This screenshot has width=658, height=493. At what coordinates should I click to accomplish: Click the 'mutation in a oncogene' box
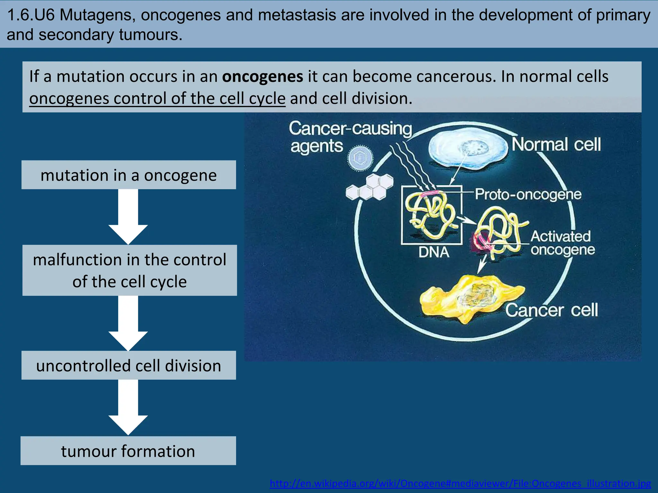pos(129,175)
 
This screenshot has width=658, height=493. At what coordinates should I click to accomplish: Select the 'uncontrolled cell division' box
pos(129,365)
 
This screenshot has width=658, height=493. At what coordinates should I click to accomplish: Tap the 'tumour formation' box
pos(128,451)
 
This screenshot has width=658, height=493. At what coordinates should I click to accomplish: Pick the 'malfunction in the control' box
pos(129,270)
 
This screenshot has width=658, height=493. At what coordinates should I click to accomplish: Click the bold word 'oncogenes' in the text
pos(262,77)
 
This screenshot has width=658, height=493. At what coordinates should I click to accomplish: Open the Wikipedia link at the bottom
pos(460,483)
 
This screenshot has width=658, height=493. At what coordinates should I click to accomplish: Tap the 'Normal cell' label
pos(556,144)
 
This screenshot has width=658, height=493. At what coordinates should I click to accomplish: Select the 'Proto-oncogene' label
pos(528,195)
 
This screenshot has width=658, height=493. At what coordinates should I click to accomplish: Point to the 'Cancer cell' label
pos(551,310)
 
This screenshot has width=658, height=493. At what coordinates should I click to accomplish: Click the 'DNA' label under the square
pos(434,252)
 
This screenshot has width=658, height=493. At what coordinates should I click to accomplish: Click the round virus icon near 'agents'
pos(360,158)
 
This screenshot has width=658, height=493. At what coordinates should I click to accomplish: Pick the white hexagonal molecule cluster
pos(369,188)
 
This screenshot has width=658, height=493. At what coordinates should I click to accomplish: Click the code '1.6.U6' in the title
pos(31,15)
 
